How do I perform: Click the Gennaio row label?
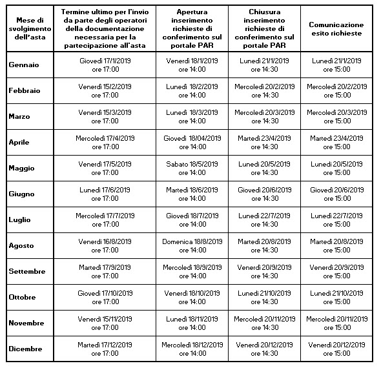point(24,65)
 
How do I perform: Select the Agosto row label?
point(21,245)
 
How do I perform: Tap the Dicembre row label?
point(26,349)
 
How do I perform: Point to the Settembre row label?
point(27,271)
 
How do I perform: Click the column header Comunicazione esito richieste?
point(336,29)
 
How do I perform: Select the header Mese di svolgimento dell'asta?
point(30,28)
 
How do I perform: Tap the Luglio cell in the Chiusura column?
point(264,220)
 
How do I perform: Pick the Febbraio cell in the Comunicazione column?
point(337,90)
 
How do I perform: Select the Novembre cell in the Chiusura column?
point(265,323)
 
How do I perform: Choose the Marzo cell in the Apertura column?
point(192,117)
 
